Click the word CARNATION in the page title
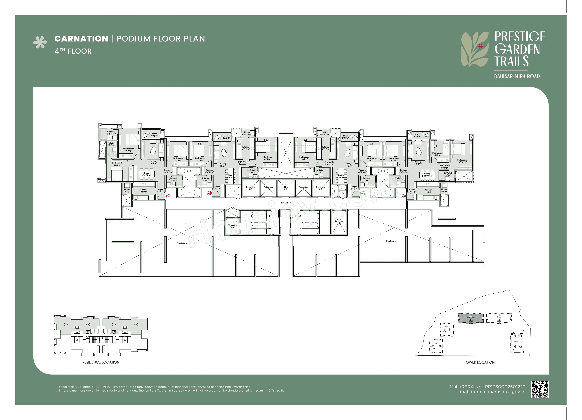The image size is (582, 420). coord(81,39)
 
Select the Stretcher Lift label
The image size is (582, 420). coord(339,222)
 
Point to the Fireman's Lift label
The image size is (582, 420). coord(232,226)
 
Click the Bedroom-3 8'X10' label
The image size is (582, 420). coord(437,154)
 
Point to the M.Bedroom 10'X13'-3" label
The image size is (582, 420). coord(462,161)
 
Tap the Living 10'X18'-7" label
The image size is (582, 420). coord(418,163)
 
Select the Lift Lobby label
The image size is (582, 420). coord(286,203)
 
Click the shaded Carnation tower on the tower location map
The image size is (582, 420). coord(471,318)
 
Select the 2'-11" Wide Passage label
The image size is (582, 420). coord(445,166)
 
